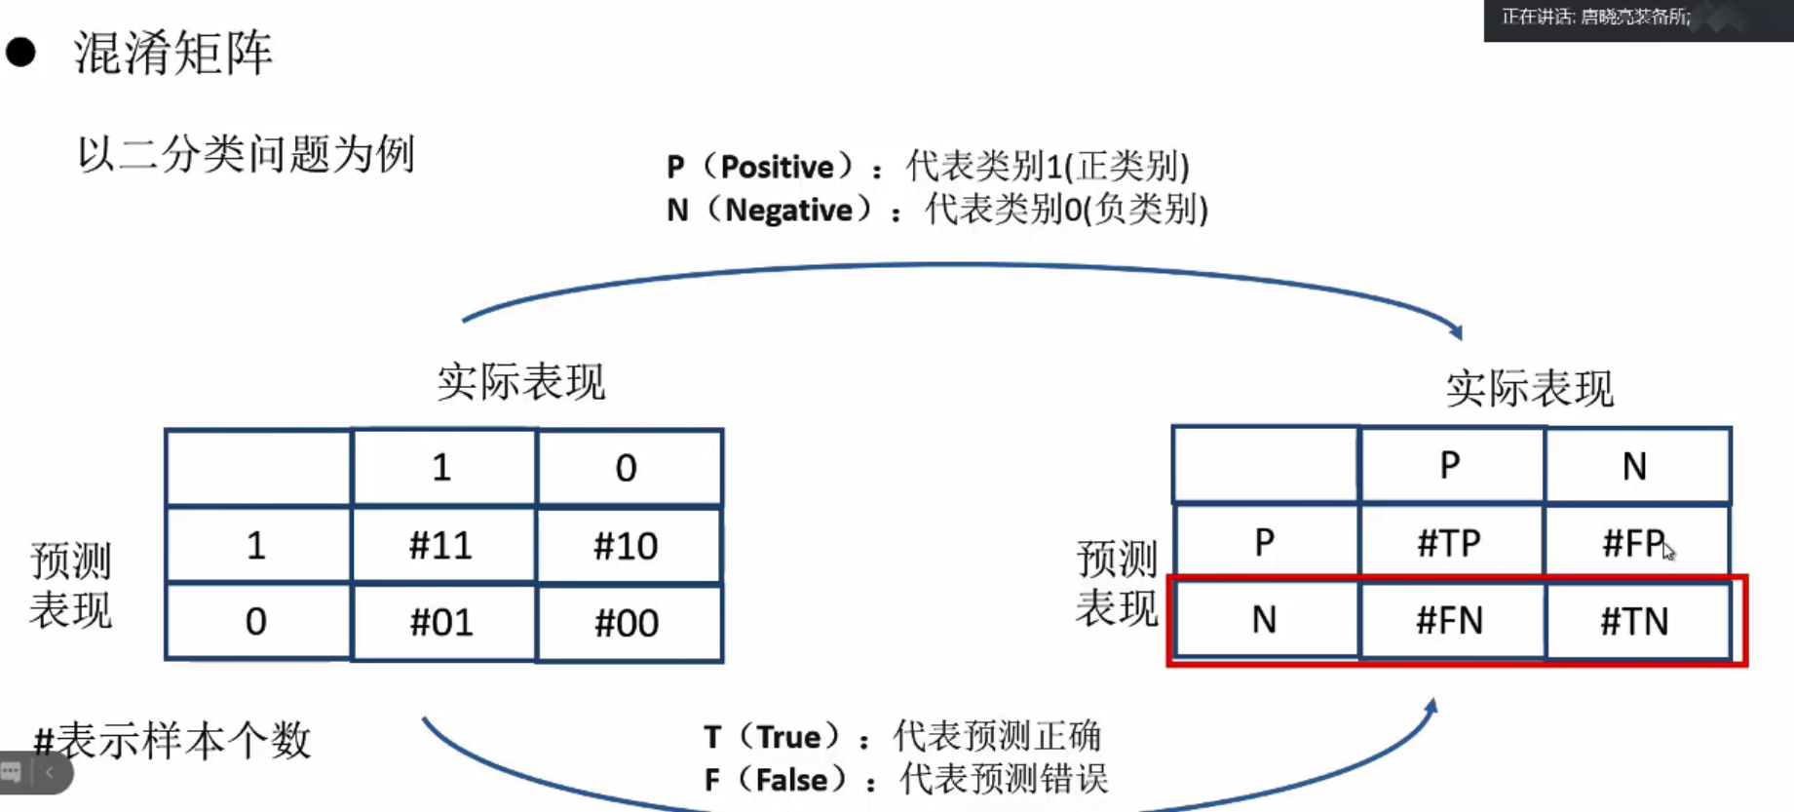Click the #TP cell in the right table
coord(1449,542)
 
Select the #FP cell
coord(1634,542)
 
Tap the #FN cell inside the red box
coord(1449,620)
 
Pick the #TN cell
coord(1634,621)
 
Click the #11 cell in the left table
coord(441,545)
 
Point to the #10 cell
coord(627,545)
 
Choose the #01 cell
coord(441,622)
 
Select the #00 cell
coord(627,622)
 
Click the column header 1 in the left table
coord(441,468)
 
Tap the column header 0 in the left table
coord(627,468)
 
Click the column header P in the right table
coord(1449,465)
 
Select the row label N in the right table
coord(1264,620)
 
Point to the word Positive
coord(777,168)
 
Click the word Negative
coord(788,211)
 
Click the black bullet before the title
coord(20,52)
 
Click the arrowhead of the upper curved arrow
coord(1456,331)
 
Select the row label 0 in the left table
coord(256,622)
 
